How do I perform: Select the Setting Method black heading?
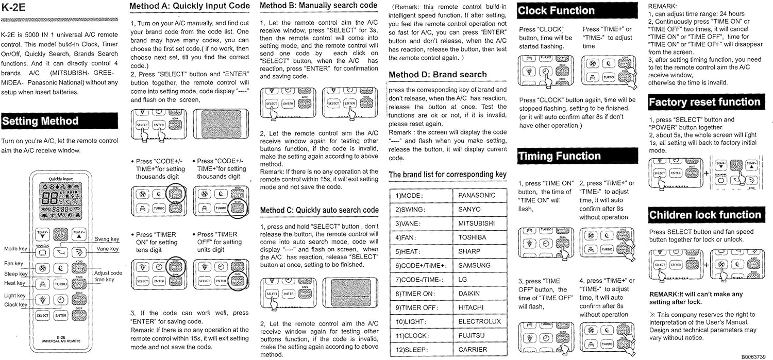(x=40, y=122)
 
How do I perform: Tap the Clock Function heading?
(x=556, y=11)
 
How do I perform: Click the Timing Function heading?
(x=559, y=156)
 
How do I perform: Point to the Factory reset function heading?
(x=704, y=102)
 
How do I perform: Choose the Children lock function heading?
(x=704, y=215)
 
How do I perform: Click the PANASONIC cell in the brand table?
(x=476, y=195)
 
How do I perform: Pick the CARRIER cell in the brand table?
(x=473, y=350)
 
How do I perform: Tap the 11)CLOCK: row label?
(x=415, y=336)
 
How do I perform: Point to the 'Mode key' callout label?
(x=15, y=249)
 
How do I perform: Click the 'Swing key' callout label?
(x=107, y=239)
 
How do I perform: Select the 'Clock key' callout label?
(x=16, y=305)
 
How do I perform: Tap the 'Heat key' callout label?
(x=15, y=283)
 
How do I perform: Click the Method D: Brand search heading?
(x=438, y=75)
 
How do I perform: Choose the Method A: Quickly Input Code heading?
(x=189, y=6)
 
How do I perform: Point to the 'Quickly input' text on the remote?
(x=61, y=179)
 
